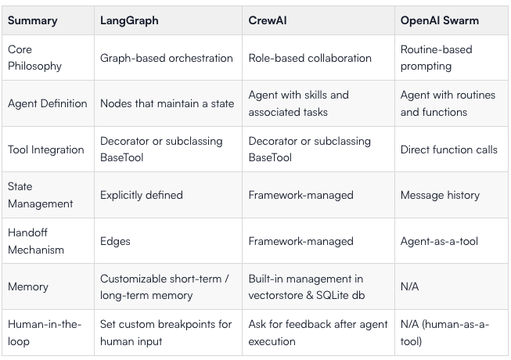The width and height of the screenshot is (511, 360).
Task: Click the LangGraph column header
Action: pyautogui.click(x=129, y=20)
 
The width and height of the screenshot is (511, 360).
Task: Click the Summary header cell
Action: pyautogui.click(x=32, y=20)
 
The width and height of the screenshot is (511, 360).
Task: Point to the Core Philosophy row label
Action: pyautogui.click(x=34, y=58)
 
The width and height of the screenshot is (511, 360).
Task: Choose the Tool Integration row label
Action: pyautogui.click(x=46, y=149)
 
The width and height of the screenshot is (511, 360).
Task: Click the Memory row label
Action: pyautogui.click(x=28, y=286)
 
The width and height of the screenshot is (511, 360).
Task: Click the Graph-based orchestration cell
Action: pyautogui.click(x=167, y=58)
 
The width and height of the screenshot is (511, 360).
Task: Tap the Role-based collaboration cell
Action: pyautogui.click(x=310, y=58)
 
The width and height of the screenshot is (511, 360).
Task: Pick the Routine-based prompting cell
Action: pyautogui.click(x=437, y=58)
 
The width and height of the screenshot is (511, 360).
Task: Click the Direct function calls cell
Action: pyautogui.click(x=449, y=149)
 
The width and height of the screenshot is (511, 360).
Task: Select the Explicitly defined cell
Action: pyautogui.click(x=142, y=195)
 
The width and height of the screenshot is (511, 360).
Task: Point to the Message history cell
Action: pyautogui.click(x=441, y=195)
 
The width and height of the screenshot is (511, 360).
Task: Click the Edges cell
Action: pyautogui.click(x=115, y=241)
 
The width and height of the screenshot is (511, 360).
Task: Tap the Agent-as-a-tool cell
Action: pyautogui.click(x=439, y=241)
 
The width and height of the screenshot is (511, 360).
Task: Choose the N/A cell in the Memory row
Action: pyautogui.click(x=409, y=286)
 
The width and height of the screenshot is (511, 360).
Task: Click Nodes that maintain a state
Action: pyautogui.click(x=167, y=103)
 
